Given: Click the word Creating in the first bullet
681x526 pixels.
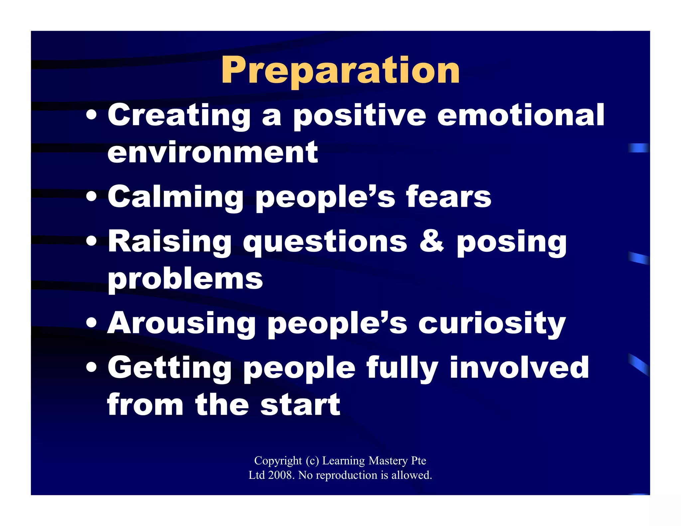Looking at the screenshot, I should (179, 115).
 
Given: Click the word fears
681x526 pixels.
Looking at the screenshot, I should (448, 197).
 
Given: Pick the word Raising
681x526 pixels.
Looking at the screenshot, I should (170, 242).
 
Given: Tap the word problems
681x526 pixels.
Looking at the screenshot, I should (185, 279).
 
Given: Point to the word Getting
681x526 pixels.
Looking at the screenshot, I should (170, 368).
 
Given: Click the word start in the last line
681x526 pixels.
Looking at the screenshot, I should (300, 405).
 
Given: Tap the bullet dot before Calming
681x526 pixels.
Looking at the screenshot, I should (91, 197).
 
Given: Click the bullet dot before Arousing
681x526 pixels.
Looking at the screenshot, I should (91, 323).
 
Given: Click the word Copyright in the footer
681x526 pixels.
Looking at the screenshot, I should (278, 460).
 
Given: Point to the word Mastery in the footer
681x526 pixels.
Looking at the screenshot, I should (388, 460).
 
